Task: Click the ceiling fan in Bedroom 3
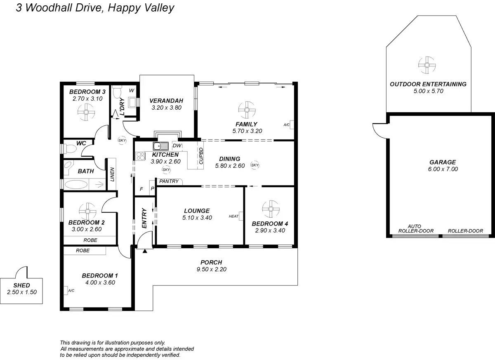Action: click(x=86, y=112)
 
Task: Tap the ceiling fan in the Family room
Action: click(x=247, y=110)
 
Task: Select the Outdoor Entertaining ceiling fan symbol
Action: click(x=427, y=65)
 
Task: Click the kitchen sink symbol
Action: click(x=160, y=146)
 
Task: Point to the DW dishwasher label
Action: click(x=177, y=146)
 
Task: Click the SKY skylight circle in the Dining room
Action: click(x=255, y=165)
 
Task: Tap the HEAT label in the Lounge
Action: click(x=233, y=216)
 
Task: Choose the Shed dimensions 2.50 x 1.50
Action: click(x=22, y=292)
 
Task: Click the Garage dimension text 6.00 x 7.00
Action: click(x=443, y=169)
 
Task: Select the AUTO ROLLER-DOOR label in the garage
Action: click(x=416, y=228)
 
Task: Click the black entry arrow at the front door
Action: click(x=145, y=251)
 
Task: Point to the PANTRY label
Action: click(x=169, y=181)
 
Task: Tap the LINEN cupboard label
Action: click(x=112, y=174)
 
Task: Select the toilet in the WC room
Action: click(x=70, y=148)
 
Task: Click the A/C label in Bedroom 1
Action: click(x=71, y=291)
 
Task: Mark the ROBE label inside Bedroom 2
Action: click(x=90, y=240)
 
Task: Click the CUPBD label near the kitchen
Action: click(x=201, y=156)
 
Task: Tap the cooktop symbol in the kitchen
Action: click(x=140, y=156)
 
